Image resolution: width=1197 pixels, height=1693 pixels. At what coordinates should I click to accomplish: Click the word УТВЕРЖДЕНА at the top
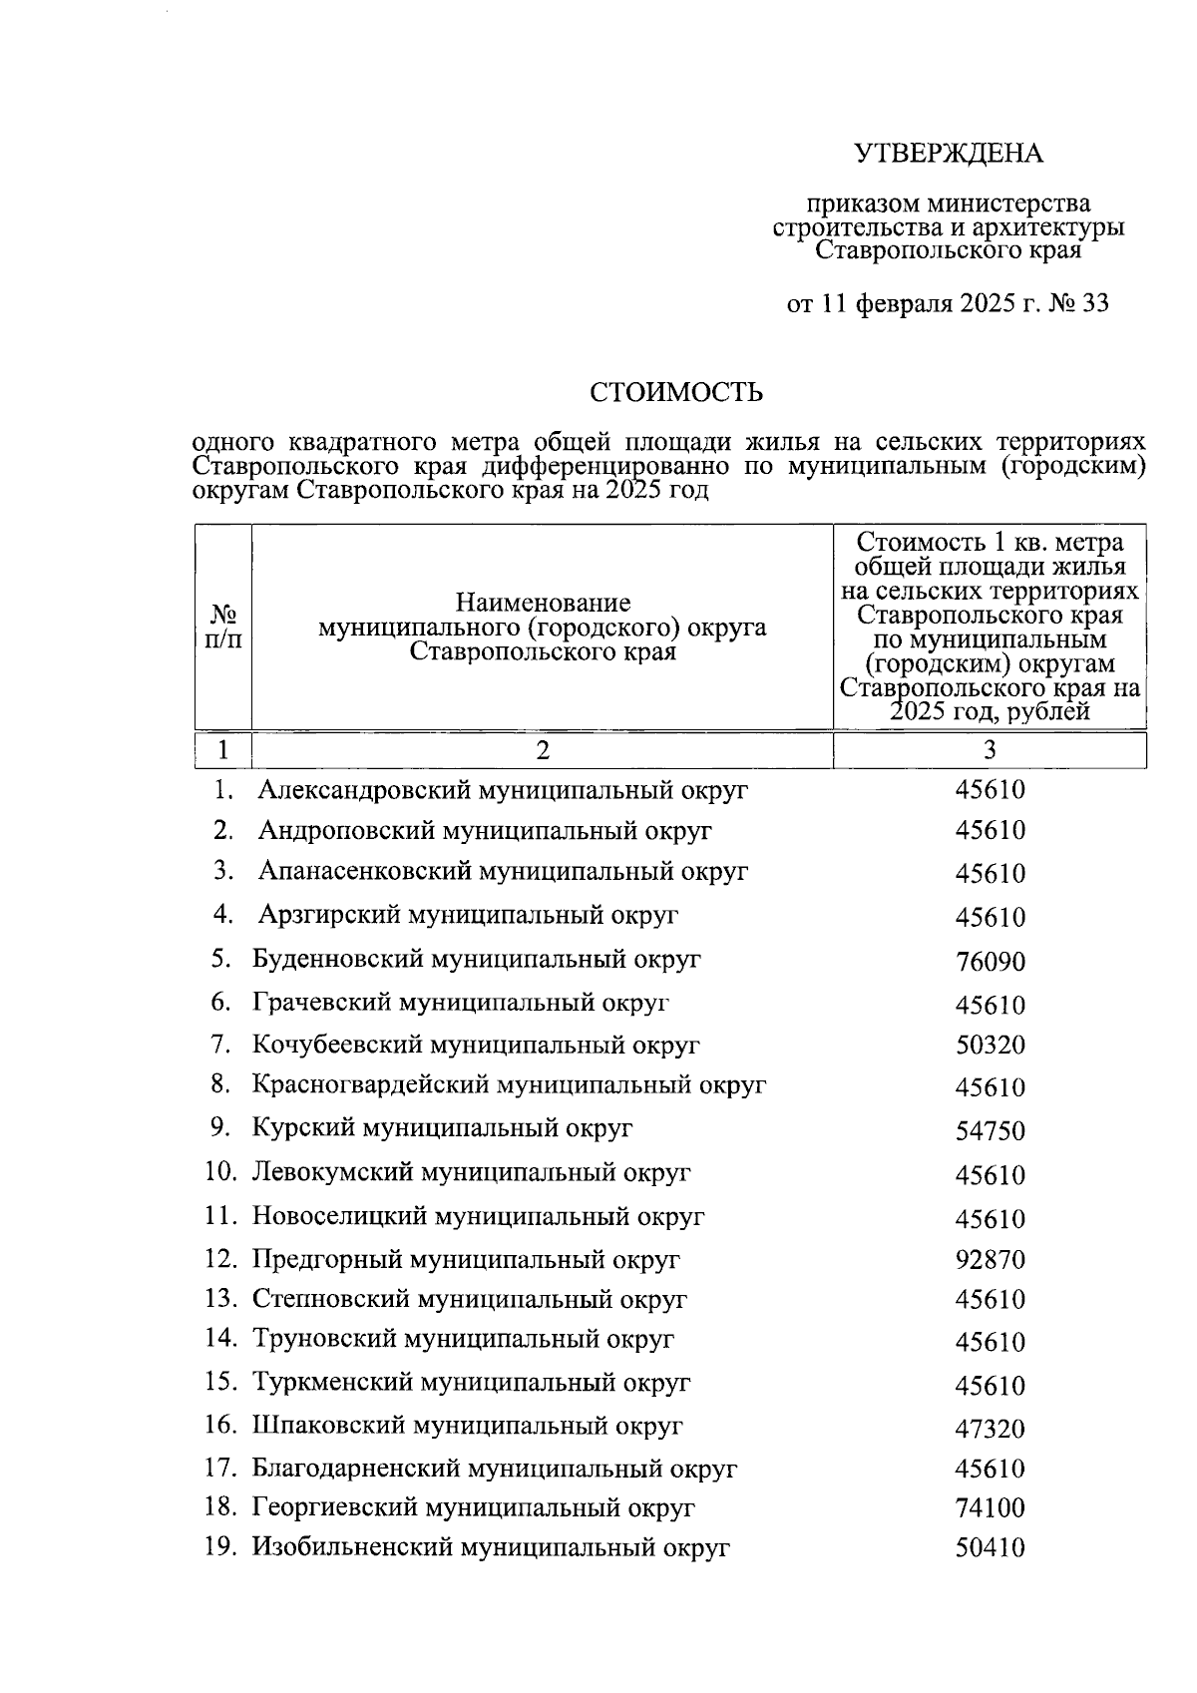click(948, 154)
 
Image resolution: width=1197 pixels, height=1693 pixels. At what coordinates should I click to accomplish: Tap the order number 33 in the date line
click(1093, 303)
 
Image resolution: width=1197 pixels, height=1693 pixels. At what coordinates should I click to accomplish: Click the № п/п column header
click(222, 628)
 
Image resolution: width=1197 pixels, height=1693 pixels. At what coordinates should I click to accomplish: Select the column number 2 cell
click(542, 750)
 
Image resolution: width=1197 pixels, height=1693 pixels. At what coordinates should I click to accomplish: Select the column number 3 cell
click(990, 750)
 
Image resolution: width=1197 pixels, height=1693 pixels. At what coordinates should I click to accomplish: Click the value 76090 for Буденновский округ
click(990, 963)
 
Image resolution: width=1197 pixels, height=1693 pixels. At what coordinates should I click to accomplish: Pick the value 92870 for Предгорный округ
click(990, 1260)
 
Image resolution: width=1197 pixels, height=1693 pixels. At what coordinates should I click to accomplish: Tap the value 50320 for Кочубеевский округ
click(990, 1047)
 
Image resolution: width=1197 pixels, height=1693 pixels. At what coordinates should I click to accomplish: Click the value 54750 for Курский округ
click(990, 1131)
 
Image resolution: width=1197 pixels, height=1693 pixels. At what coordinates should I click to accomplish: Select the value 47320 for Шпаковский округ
click(990, 1429)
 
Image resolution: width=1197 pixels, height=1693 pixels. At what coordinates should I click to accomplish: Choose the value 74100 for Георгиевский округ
click(990, 1508)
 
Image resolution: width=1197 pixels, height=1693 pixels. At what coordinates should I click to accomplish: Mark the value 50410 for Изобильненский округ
click(990, 1549)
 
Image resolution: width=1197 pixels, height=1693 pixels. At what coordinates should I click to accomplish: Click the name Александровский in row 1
click(365, 791)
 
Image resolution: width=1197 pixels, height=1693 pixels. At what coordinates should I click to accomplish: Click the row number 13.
click(220, 1300)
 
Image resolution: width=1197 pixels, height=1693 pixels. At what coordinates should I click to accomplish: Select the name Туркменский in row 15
click(333, 1384)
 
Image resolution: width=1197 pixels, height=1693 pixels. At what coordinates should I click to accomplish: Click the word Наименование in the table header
click(543, 603)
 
